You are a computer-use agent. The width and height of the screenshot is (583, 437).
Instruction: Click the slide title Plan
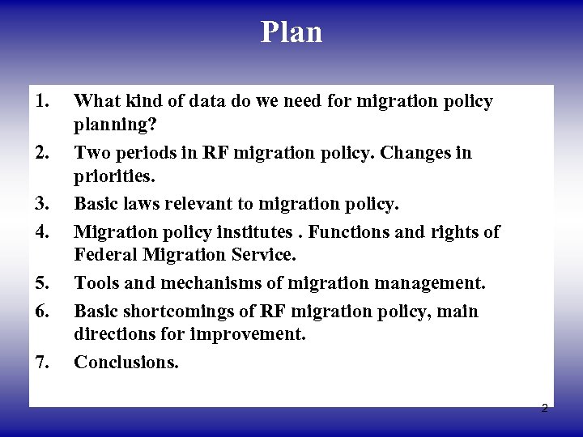pyautogui.click(x=291, y=32)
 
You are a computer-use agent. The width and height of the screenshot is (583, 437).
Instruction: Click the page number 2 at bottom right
pyautogui.click(x=544, y=408)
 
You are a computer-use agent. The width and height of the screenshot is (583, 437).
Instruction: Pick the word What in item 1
pyautogui.click(x=93, y=101)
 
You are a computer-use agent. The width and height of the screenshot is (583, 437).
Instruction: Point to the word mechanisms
pyautogui.click(x=212, y=284)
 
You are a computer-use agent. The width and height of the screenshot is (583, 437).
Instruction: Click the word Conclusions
pyautogui.click(x=126, y=363)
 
